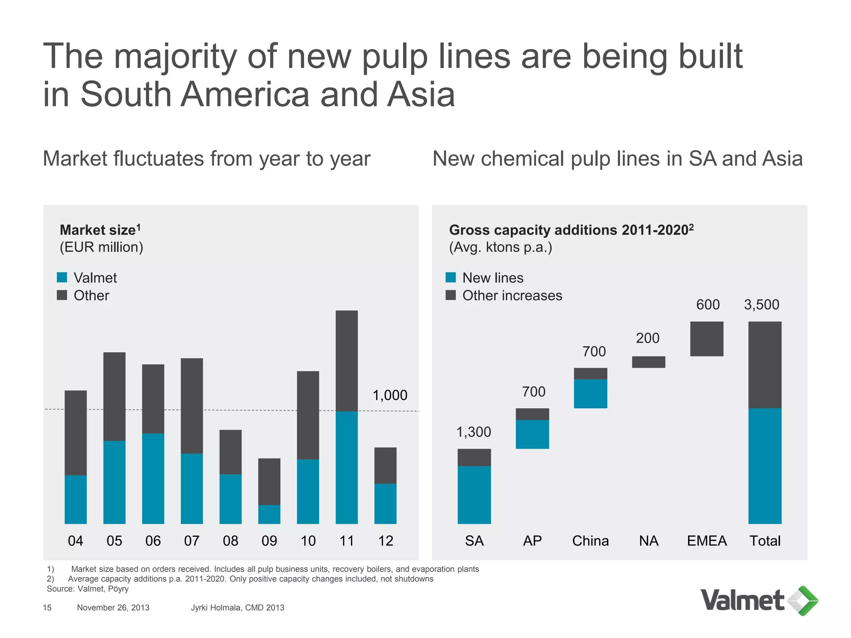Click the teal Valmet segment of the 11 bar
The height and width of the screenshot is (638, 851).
(x=347, y=467)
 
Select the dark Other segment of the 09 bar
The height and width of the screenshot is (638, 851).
(x=269, y=481)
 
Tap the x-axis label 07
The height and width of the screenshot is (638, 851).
(x=192, y=541)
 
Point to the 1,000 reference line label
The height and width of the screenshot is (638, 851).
(x=390, y=395)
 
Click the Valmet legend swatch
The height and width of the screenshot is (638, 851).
(x=62, y=277)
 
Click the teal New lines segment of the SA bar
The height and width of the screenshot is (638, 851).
(x=474, y=495)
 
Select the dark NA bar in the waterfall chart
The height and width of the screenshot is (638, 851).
(x=648, y=362)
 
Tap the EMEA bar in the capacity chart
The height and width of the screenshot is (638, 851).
(x=706, y=339)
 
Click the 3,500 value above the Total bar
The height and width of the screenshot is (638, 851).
(x=761, y=304)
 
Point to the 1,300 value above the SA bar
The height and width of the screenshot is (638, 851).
(x=474, y=432)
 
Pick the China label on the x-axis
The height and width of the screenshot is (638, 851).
(x=590, y=541)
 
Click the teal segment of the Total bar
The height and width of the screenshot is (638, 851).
(x=765, y=466)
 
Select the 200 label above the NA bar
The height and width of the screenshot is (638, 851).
(x=647, y=338)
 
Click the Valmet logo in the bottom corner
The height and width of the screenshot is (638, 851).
(x=759, y=601)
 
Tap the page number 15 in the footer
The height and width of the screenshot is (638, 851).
(x=47, y=608)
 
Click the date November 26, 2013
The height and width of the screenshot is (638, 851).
(x=113, y=608)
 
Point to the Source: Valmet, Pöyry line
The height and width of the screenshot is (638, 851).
(x=88, y=589)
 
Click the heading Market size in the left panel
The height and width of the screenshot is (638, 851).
(x=98, y=230)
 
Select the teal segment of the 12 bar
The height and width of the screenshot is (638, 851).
(x=385, y=503)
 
